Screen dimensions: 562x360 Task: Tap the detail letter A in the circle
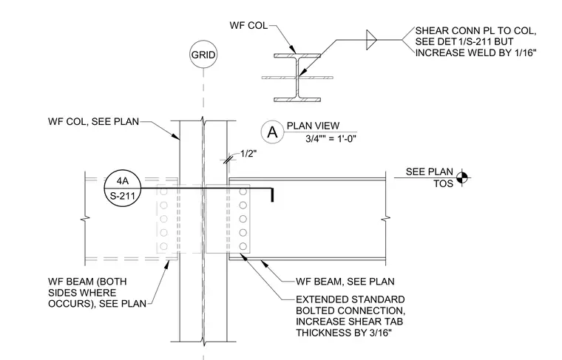(272, 132)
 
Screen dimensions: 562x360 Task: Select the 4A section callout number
(123, 181)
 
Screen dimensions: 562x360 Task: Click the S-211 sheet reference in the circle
(123, 196)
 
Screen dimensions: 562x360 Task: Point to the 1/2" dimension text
(248, 154)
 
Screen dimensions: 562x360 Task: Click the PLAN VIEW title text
(313, 126)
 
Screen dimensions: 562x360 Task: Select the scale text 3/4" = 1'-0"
(331, 139)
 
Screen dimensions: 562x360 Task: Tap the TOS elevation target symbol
(462, 177)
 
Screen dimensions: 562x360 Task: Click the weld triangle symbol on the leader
(371, 40)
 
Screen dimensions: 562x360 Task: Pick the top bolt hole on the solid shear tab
(243, 192)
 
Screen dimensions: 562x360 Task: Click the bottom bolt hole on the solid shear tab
(243, 246)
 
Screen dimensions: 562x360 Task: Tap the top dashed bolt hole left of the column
(164, 192)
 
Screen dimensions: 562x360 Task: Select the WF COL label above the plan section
(248, 25)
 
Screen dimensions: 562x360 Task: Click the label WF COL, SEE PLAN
(94, 121)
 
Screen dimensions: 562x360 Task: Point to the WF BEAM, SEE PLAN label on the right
(345, 282)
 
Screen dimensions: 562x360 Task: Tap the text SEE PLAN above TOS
(430, 171)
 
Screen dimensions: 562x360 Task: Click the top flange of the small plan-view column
(297, 55)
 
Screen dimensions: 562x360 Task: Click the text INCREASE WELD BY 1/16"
(476, 52)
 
